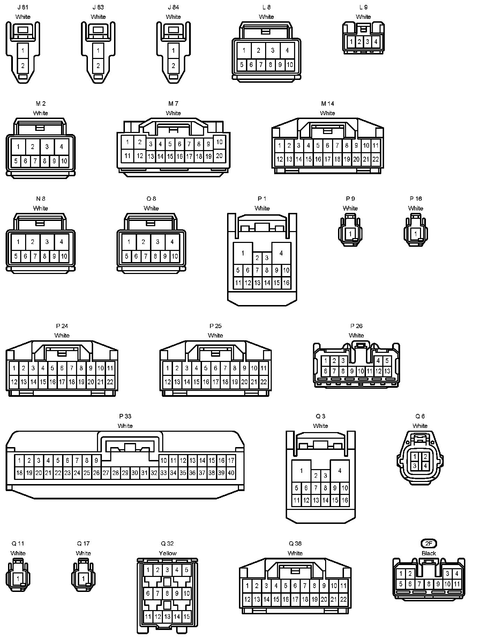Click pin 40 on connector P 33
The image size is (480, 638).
point(231,473)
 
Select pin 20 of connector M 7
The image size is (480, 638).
point(219,156)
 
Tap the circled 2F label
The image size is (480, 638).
point(429,543)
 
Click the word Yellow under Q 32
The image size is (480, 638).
point(168,553)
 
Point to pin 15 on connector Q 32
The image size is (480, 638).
point(187,617)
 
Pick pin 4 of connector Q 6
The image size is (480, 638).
point(425,466)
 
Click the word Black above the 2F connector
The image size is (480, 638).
point(429,553)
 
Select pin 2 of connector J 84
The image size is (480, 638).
point(173,66)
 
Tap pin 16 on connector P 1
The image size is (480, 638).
point(286,283)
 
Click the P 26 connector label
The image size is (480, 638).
point(356,326)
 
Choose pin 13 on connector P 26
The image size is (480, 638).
point(387,371)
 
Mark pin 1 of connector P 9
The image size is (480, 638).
point(350,233)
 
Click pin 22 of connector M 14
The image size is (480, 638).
point(375,159)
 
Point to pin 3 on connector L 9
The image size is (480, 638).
point(367,42)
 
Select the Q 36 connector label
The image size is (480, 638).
point(295,543)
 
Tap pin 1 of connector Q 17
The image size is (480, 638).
point(83,578)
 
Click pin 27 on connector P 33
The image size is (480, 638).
point(106,473)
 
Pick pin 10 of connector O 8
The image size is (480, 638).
point(175,256)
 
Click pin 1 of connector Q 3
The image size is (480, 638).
point(301,470)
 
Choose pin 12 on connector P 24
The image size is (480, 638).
point(14,382)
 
